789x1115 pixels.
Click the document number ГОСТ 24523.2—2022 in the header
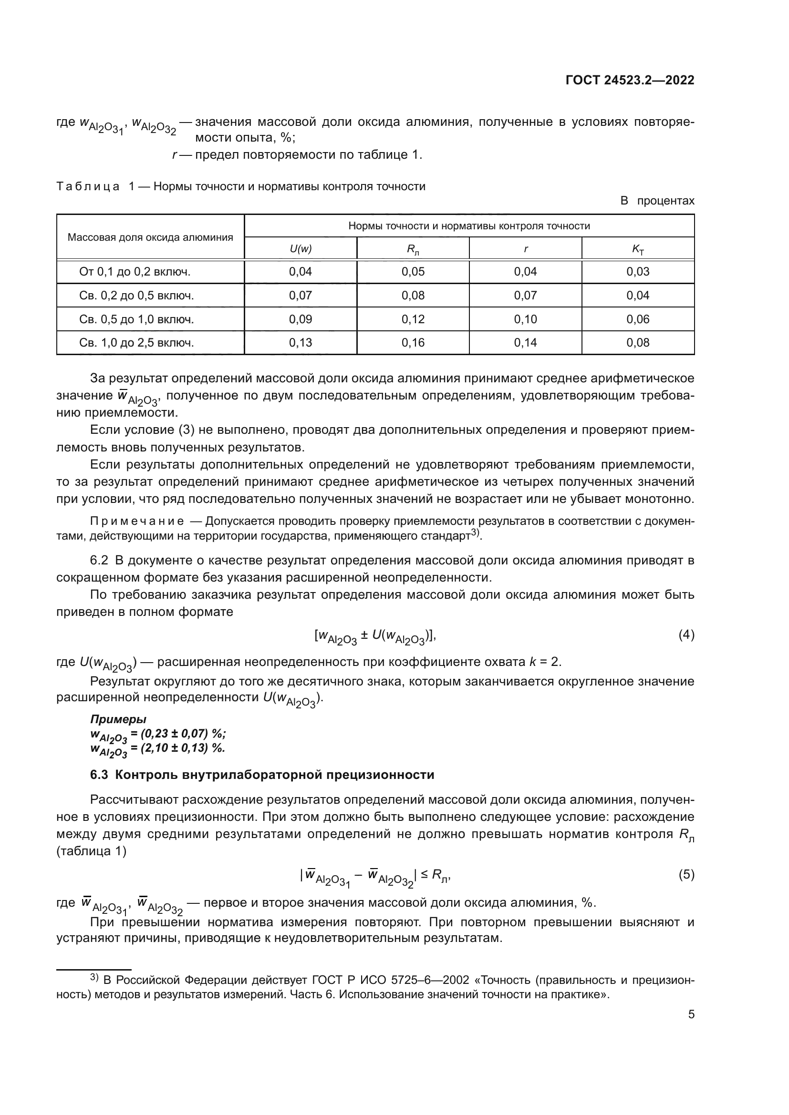630,81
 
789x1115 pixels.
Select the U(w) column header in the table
300,249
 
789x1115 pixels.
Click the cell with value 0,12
413,319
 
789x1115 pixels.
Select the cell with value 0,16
413,343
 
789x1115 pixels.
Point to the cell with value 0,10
525,319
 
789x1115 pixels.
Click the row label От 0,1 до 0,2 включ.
135,271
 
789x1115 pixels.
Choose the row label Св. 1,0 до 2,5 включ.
136,343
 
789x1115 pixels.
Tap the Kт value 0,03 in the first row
638,271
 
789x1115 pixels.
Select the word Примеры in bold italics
118,719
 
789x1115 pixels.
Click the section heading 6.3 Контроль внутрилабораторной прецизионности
262,775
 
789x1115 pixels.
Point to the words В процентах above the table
657,201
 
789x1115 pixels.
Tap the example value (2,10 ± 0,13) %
183,748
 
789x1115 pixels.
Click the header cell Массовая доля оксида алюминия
150,237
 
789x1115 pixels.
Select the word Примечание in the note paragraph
137,522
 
